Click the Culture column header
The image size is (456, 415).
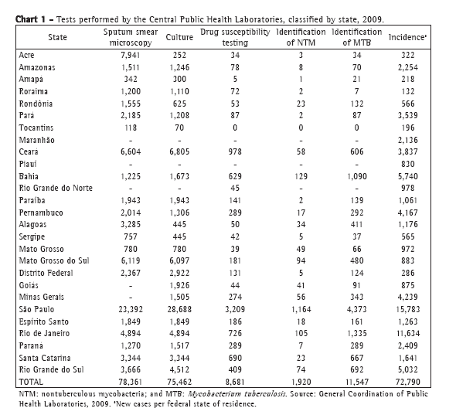pyautogui.click(x=179, y=37)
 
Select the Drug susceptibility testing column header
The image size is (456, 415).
pyautogui.click(x=235, y=37)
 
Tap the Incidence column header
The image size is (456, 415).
pyautogui.click(x=407, y=37)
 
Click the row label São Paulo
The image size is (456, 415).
pyautogui.click(x=36, y=309)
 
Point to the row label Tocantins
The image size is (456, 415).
pyautogui.click(x=36, y=128)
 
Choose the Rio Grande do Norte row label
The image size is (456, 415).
pyautogui.click(x=56, y=188)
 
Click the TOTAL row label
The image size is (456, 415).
pyautogui.click(x=31, y=382)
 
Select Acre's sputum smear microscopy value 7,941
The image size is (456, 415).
pyautogui.click(x=131, y=55)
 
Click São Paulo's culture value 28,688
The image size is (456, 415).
pyautogui.click(x=179, y=309)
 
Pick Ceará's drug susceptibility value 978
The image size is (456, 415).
pyautogui.click(x=235, y=151)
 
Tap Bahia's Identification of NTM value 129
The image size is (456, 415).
pyautogui.click(x=301, y=176)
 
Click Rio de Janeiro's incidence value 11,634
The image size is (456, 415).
pyautogui.click(x=408, y=333)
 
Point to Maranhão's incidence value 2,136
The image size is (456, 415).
pyautogui.click(x=408, y=140)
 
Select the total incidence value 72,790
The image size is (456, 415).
pyautogui.click(x=408, y=382)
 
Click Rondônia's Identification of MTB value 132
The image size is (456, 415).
pyautogui.click(x=357, y=104)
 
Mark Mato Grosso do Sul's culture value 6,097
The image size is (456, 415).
pyautogui.click(x=179, y=260)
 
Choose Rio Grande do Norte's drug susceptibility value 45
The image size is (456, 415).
pyautogui.click(x=235, y=188)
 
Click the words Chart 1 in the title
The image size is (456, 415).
pyautogui.click(x=31, y=19)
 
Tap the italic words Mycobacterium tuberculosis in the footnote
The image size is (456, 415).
pyautogui.click(x=237, y=394)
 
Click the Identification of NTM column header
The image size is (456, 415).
pyautogui.click(x=301, y=37)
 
